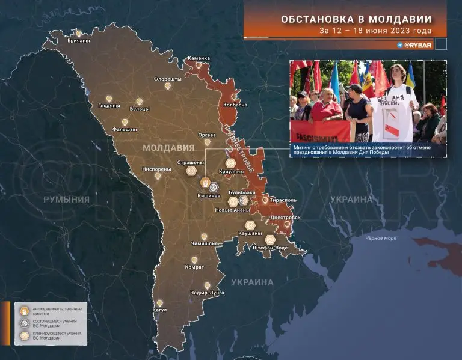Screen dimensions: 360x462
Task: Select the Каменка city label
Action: tap(199, 58)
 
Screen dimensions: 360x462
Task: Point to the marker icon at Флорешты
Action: tap(168, 87)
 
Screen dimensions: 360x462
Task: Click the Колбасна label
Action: tap(235, 105)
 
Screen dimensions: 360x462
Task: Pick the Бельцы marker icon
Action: tap(140, 102)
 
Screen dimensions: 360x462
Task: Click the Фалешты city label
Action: tap(125, 129)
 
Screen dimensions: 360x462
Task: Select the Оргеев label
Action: tap(207, 135)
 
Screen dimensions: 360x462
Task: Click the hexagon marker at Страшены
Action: tap(191, 171)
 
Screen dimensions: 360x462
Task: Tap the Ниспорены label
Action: tap(156, 169)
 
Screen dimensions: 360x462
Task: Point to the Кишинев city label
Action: tap(208, 195)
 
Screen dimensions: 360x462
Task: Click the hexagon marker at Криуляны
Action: tap(230, 163)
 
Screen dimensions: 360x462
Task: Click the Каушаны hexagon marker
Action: tap(250, 225)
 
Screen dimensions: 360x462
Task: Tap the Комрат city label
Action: tap(194, 267)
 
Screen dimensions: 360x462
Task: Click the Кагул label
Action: tap(159, 310)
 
